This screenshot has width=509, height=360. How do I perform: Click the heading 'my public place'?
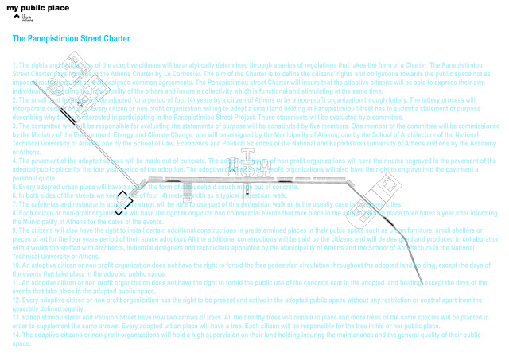(x=37, y=7)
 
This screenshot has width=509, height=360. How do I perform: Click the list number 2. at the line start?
(x=16, y=99)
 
